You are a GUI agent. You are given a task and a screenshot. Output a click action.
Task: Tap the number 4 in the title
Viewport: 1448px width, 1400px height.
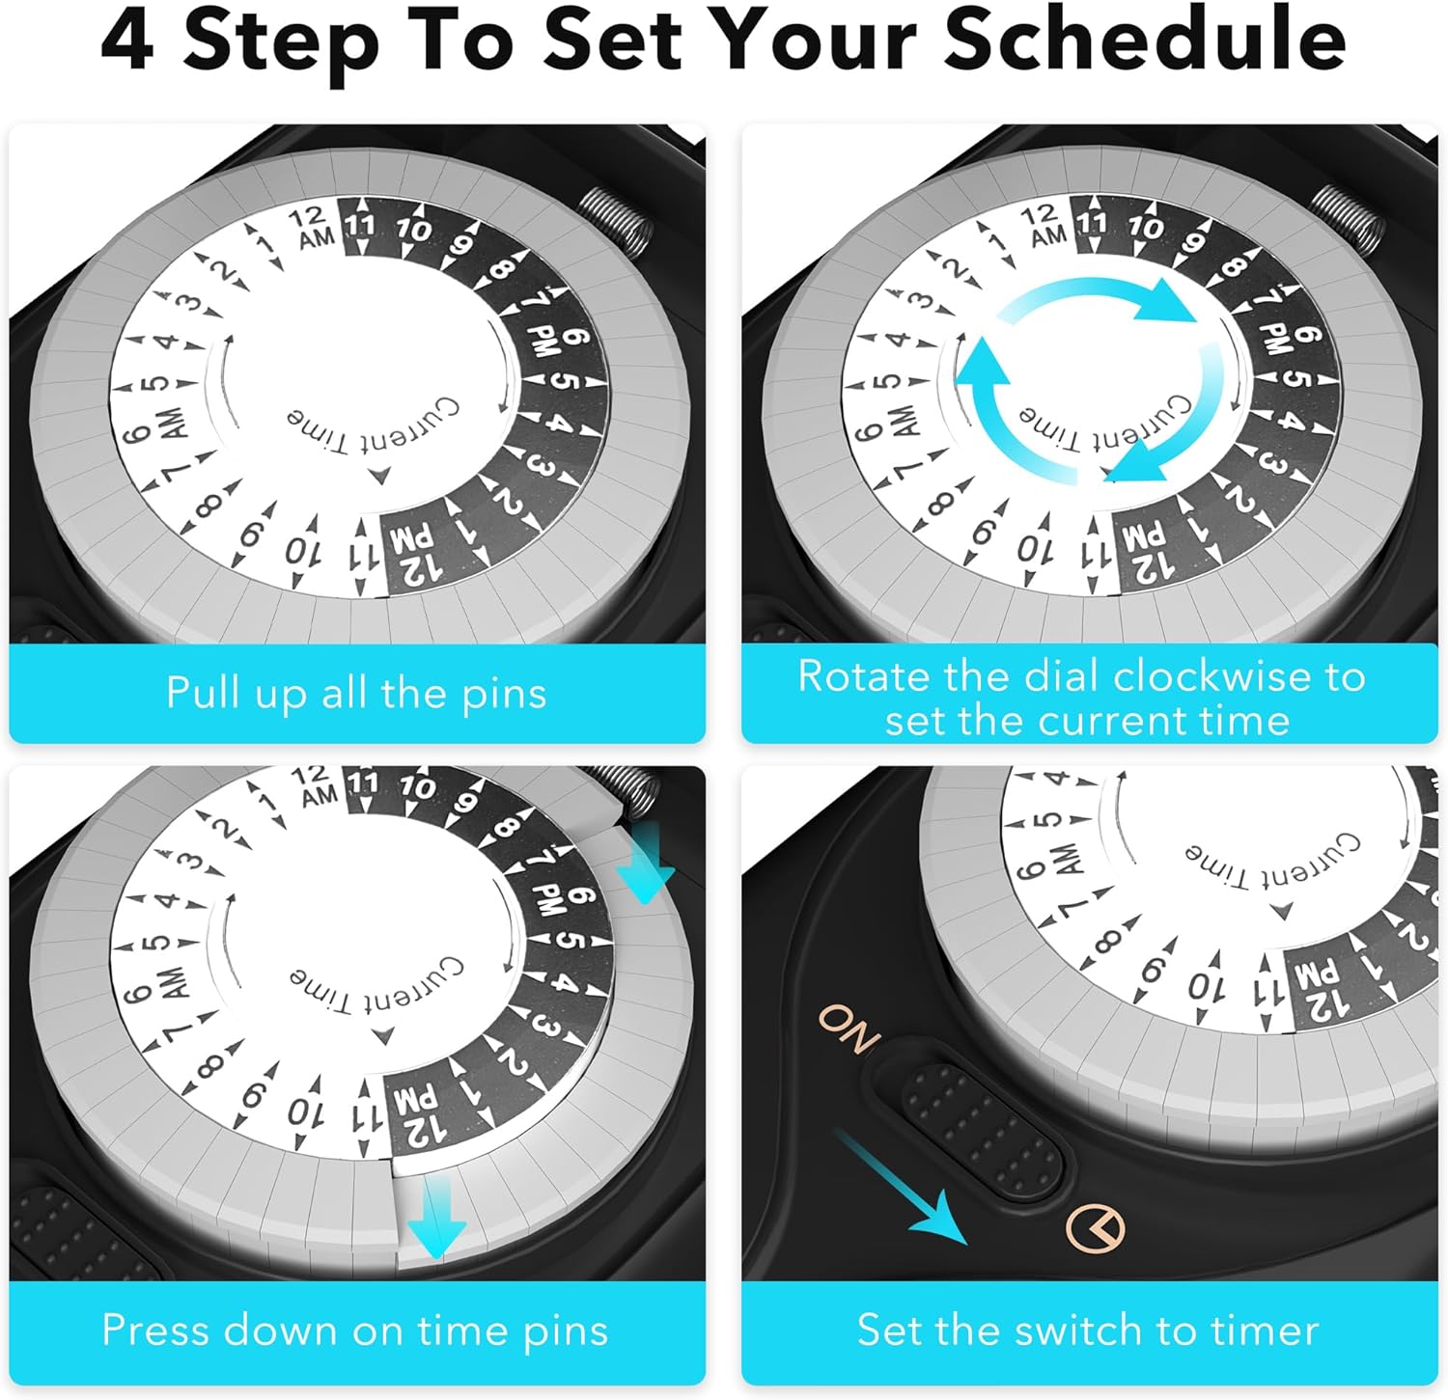127,41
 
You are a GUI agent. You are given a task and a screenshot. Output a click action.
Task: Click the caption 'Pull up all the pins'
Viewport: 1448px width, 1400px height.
356,693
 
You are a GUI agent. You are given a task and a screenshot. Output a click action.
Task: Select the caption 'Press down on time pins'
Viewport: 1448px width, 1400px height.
355,1331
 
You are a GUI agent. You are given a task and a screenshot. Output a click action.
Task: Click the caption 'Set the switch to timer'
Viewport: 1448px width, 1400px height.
1088,1331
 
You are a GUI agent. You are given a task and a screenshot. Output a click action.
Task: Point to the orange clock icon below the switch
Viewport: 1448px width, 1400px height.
1096,1228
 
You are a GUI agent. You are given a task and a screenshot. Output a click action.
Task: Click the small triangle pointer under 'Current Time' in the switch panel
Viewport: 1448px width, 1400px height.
1281,911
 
